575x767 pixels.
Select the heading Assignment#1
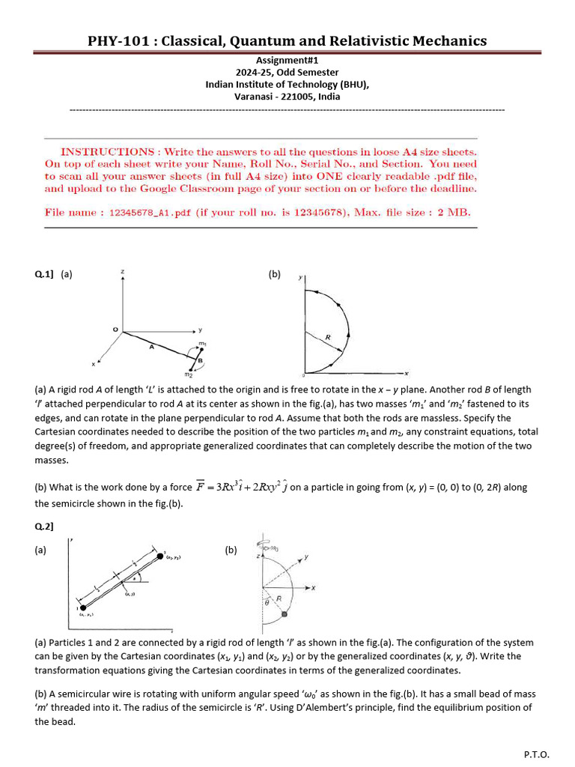(287, 60)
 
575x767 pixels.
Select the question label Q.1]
(44, 275)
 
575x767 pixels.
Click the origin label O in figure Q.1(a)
(115, 329)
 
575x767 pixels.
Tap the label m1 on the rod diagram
(202, 345)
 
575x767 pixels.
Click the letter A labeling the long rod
(151, 347)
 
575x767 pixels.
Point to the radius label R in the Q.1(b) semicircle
(327, 338)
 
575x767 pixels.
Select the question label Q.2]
(44, 527)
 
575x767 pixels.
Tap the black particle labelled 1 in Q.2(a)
(82, 607)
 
